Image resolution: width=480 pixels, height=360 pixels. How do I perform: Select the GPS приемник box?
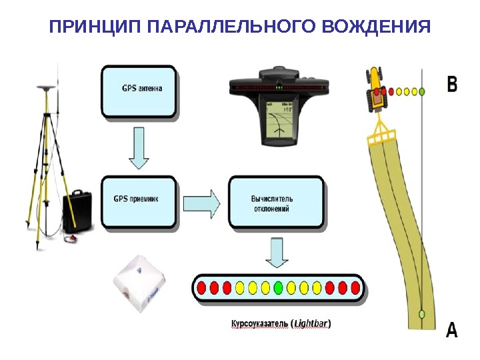point(139,202)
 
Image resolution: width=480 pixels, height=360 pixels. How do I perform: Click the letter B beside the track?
point(452,84)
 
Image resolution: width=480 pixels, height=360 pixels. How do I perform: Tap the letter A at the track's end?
point(451,330)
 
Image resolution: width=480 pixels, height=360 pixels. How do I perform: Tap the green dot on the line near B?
point(421,90)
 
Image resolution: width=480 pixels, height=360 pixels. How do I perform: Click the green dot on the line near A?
point(421,313)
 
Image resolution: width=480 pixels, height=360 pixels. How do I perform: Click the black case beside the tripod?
point(77,212)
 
